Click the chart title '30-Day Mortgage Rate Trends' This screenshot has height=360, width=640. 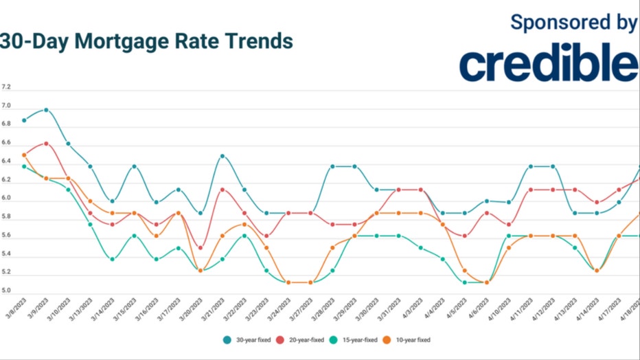click(x=146, y=41)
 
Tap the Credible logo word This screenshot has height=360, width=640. click(x=549, y=65)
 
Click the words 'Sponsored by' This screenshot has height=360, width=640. click(x=574, y=23)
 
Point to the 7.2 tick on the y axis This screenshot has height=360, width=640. click(x=6, y=88)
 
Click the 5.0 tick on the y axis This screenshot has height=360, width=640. click(x=6, y=291)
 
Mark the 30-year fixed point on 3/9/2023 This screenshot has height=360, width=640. click(x=46, y=110)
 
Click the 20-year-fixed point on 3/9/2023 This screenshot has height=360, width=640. click(x=46, y=144)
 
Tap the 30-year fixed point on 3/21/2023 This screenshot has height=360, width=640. click(x=222, y=157)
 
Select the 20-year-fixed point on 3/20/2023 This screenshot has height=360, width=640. click(x=200, y=248)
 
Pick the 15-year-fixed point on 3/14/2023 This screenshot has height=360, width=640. click(x=112, y=259)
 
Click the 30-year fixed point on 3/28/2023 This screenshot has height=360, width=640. click(x=332, y=167)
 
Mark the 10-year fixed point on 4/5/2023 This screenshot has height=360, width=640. click(x=464, y=271)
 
